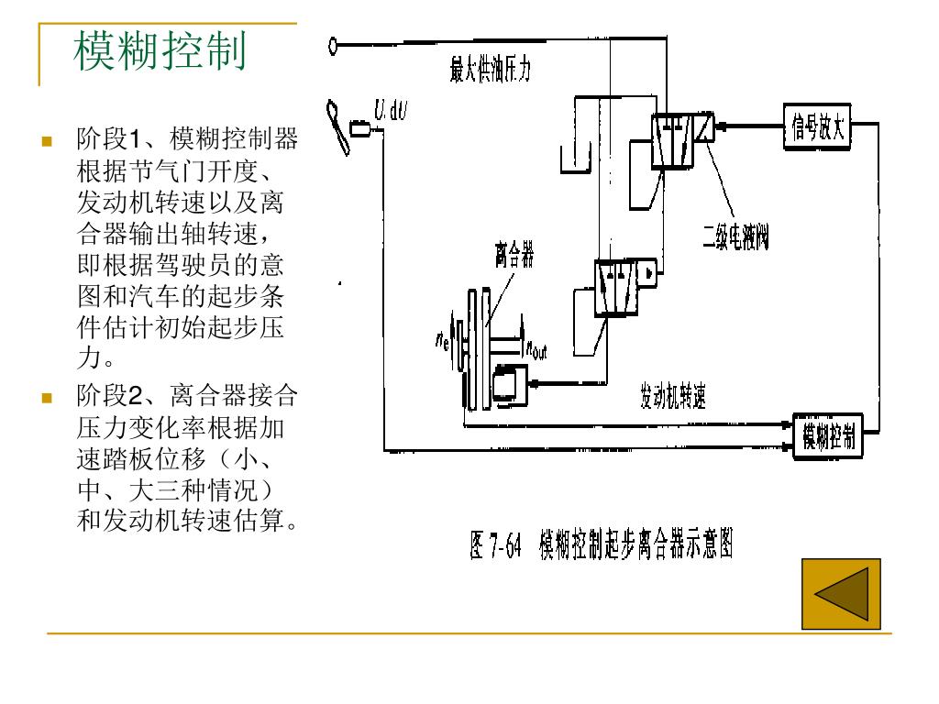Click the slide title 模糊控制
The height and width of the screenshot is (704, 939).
pyautogui.click(x=160, y=52)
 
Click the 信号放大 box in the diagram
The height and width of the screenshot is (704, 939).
pyautogui.click(x=817, y=128)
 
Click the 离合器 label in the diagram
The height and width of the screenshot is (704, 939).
pyautogui.click(x=514, y=254)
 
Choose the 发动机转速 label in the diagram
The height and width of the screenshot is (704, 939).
pyautogui.click(x=673, y=398)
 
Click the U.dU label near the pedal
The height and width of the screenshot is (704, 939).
pyautogui.click(x=391, y=112)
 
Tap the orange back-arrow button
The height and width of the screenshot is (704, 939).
pyautogui.click(x=841, y=594)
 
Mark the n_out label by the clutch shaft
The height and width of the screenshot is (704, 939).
pyautogui.click(x=535, y=349)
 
